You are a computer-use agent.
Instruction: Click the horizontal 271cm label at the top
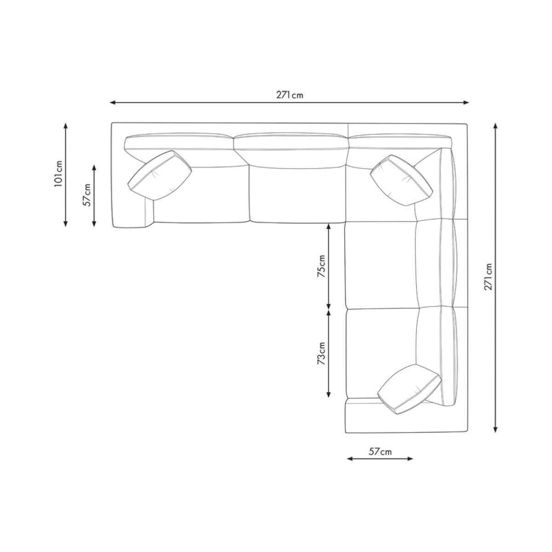290,95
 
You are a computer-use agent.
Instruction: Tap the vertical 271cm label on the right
488,277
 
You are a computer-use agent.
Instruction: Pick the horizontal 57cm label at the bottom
380,452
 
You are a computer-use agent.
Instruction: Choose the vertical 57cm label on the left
86,195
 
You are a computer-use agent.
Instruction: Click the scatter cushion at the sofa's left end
160,176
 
